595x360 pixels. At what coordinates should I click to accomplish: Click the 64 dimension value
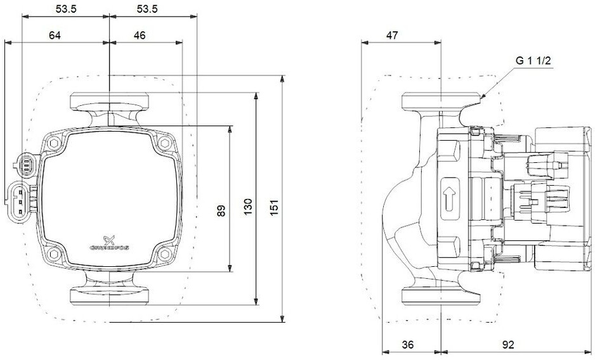pyautogui.click(x=55, y=35)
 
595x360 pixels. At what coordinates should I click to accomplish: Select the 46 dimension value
pyautogui.click(x=140, y=35)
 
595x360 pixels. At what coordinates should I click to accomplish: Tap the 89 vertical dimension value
pyautogui.click(x=221, y=210)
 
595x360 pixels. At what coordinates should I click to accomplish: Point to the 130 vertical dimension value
pyautogui.click(x=248, y=207)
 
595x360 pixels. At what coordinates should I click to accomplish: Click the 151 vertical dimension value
pyautogui.click(x=275, y=207)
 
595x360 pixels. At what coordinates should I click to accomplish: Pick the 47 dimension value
pyautogui.click(x=392, y=35)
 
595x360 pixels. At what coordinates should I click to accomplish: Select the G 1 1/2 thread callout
pyautogui.click(x=533, y=61)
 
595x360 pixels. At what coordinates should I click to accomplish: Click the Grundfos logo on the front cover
pyautogui.click(x=109, y=243)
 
